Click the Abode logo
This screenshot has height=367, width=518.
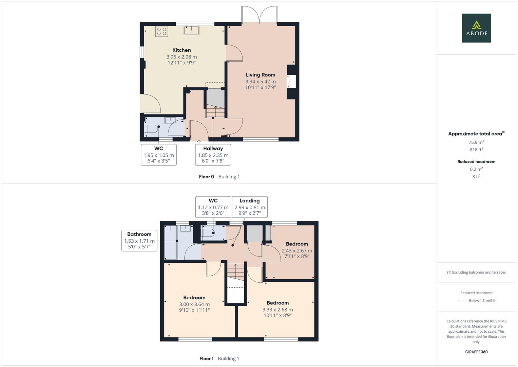point(476,28)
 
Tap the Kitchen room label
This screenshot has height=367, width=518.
point(181,50)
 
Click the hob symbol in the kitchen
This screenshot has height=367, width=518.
point(161,31)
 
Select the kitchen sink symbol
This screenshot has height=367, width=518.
point(192,30)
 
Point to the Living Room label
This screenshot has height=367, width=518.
point(261,75)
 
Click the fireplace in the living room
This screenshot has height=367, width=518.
point(291,82)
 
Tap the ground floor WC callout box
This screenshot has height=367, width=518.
point(159,155)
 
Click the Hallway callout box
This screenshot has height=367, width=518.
point(213,155)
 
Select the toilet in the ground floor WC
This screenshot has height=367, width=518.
point(151,129)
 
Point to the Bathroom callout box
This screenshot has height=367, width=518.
point(139,240)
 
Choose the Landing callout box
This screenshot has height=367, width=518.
point(250,207)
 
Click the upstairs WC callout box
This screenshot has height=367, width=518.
point(213,207)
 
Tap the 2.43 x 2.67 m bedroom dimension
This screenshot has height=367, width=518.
point(297,251)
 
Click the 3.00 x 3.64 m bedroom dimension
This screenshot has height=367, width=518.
point(194,304)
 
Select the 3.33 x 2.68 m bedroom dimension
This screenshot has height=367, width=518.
point(277,310)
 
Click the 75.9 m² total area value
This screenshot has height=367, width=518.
point(476,142)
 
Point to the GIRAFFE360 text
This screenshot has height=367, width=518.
point(476,352)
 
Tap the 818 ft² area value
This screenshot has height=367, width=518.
point(476,150)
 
